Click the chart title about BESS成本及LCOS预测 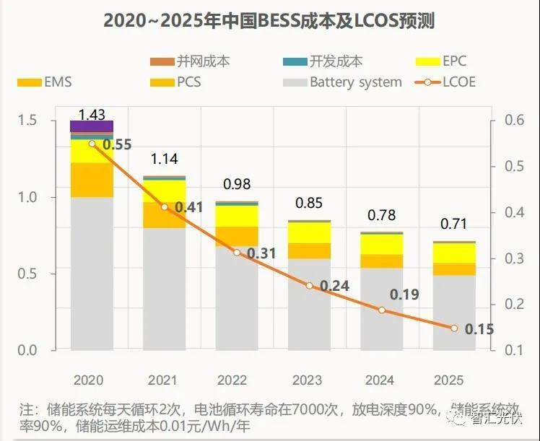pos(269,19)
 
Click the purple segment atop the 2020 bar pos(92,126)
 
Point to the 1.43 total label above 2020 pos(92,114)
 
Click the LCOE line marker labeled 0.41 pos(165,207)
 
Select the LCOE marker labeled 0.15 pos(454,328)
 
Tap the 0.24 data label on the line pos(334,287)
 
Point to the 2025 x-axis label pos(453,380)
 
